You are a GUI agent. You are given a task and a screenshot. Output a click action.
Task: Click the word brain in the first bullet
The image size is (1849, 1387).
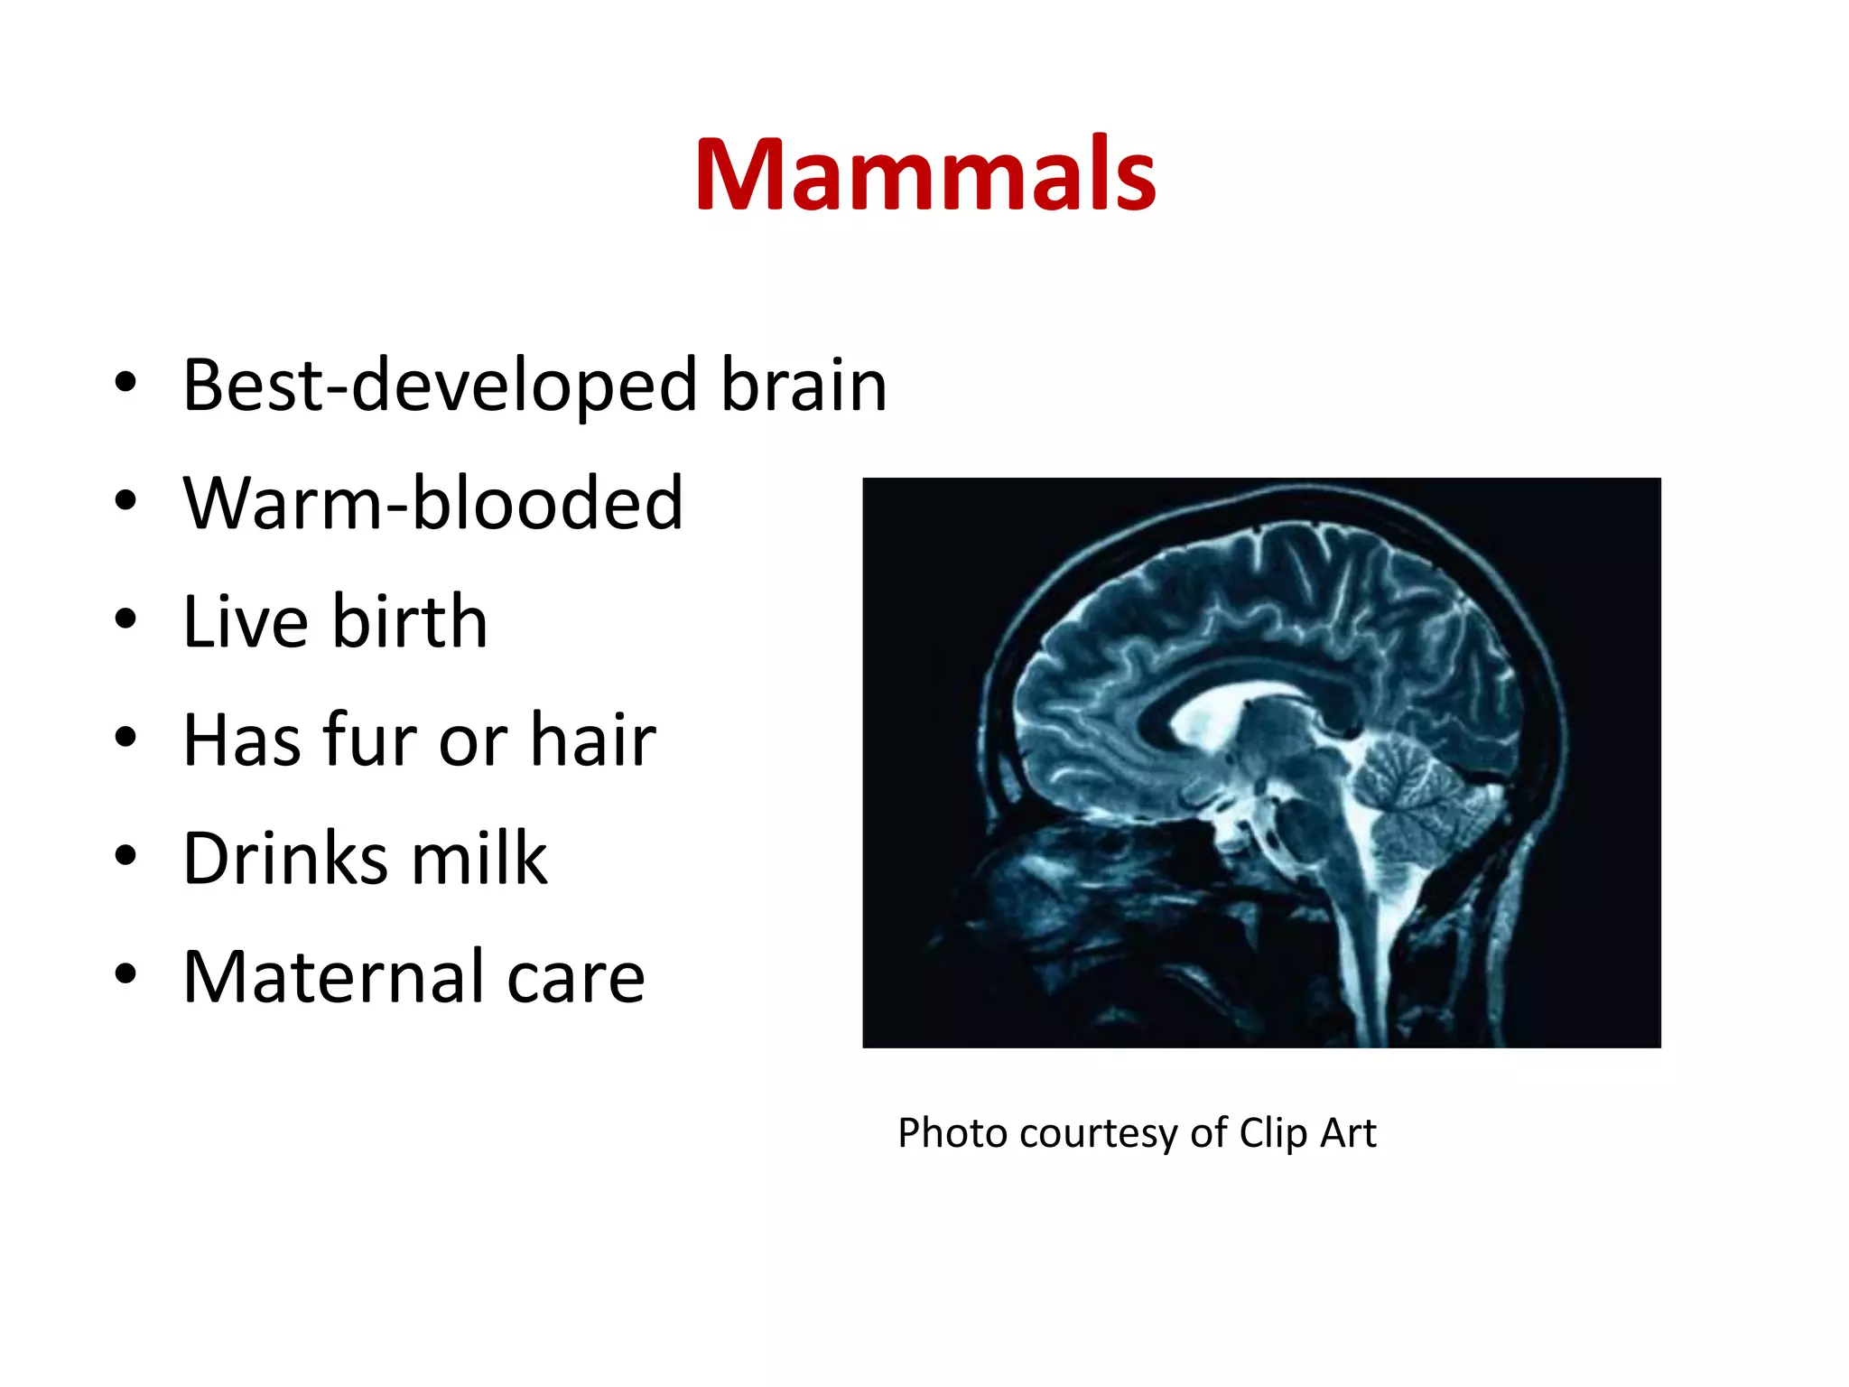[804, 386]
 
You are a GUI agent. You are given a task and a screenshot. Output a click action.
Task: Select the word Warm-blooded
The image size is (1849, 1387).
[432, 503]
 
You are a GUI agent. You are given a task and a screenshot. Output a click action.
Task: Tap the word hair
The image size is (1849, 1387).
[592, 740]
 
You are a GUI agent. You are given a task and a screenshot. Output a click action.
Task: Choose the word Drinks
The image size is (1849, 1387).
[285, 858]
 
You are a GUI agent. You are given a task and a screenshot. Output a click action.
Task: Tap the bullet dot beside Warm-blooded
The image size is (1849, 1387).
[125, 500]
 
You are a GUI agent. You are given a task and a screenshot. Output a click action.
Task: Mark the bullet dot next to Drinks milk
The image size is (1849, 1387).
[125, 855]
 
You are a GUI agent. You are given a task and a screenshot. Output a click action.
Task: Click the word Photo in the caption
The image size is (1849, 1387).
[952, 1133]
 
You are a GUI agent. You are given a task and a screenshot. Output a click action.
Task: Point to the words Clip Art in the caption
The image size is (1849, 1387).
[1307, 1133]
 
